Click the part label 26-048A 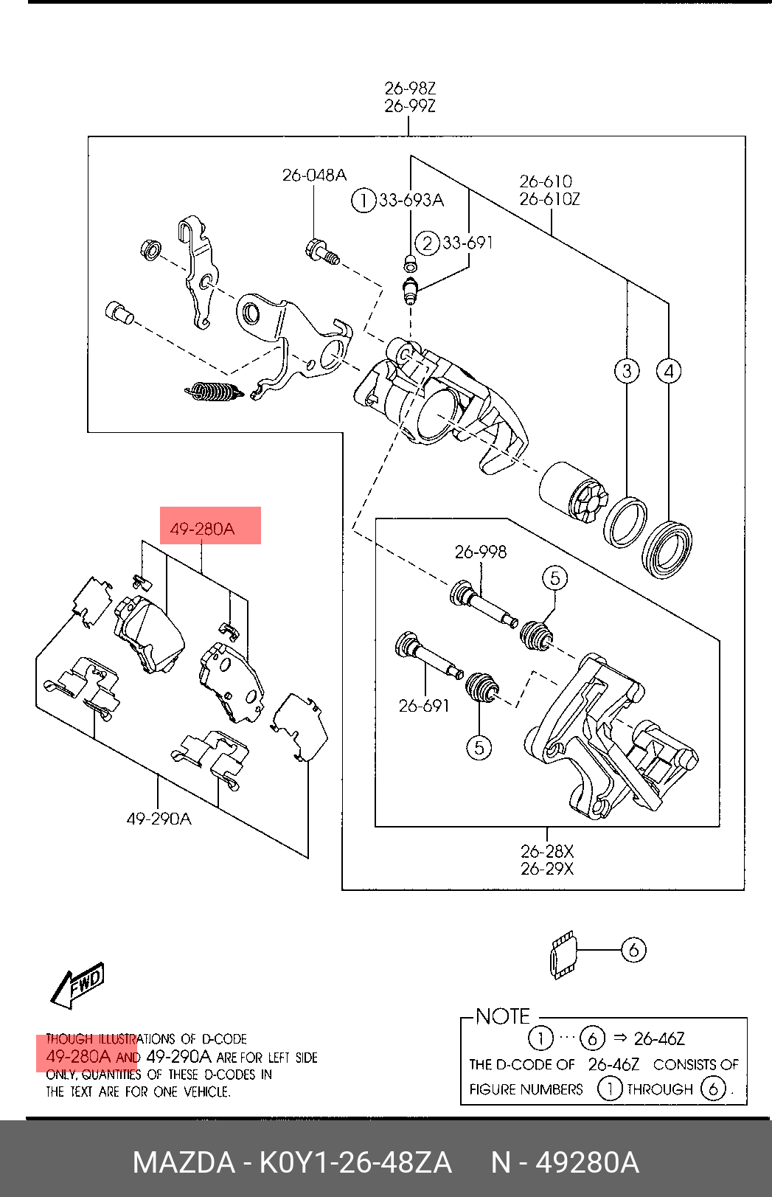(x=314, y=176)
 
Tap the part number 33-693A (x=411, y=201)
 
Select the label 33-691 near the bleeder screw (x=467, y=243)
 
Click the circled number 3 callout (x=627, y=371)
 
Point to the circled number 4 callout (x=669, y=371)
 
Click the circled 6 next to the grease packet (x=633, y=950)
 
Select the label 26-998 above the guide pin (x=480, y=552)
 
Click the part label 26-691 (x=424, y=706)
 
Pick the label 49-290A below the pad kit (x=159, y=818)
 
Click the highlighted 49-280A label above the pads (x=203, y=529)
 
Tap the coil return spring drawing (x=215, y=392)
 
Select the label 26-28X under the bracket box (x=547, y=850)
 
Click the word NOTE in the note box (x=502, y=1016)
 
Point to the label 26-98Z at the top (x=410, y=89)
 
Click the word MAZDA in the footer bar (x=184, y=1163)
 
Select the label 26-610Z (x=549, y=199)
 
